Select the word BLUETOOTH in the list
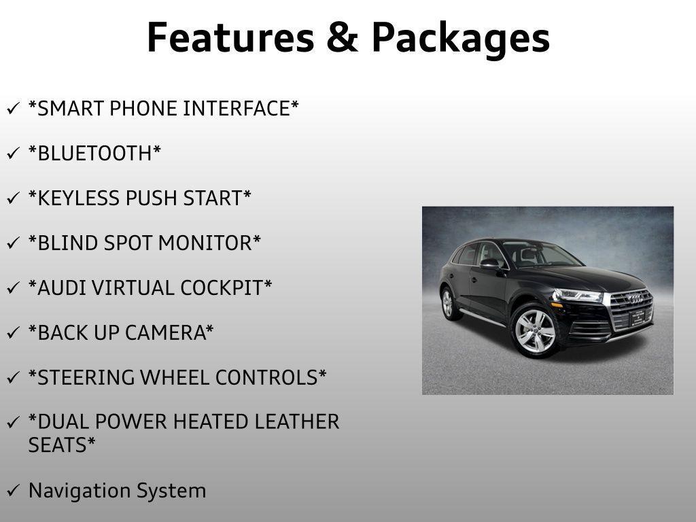click(x=94, y=154)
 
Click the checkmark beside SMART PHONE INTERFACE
click(x=13, y=109)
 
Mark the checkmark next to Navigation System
click(x=13, y=491)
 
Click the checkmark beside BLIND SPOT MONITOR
click(x=13, y=243)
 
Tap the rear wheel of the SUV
click(x=447, y=302)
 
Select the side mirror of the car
click(x=489, y=264)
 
